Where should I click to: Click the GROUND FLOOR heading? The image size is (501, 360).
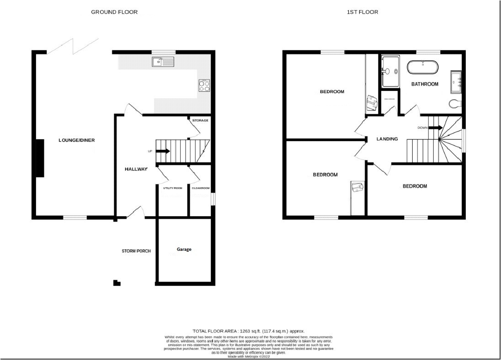tap(114, 12)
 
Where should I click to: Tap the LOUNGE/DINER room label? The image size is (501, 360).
tap(76, 140)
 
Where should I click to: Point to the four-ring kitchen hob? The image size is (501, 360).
tap(204, 85)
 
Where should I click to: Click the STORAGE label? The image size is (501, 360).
tap(200, 121)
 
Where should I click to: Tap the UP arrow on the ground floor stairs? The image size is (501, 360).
tap(163, 151)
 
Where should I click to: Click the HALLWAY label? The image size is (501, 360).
tap(136, 169)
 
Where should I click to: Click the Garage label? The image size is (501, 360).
tap(184, 249)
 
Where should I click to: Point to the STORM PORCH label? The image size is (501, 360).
tap(136, 251)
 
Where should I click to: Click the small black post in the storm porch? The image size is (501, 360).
tap(117, 283)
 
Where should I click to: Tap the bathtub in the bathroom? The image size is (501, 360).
tap(423, 67)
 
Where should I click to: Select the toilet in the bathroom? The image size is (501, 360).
tap(455, 103)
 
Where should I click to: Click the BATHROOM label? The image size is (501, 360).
tap(425, 84)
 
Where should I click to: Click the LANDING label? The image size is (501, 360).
tap(387, 139)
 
